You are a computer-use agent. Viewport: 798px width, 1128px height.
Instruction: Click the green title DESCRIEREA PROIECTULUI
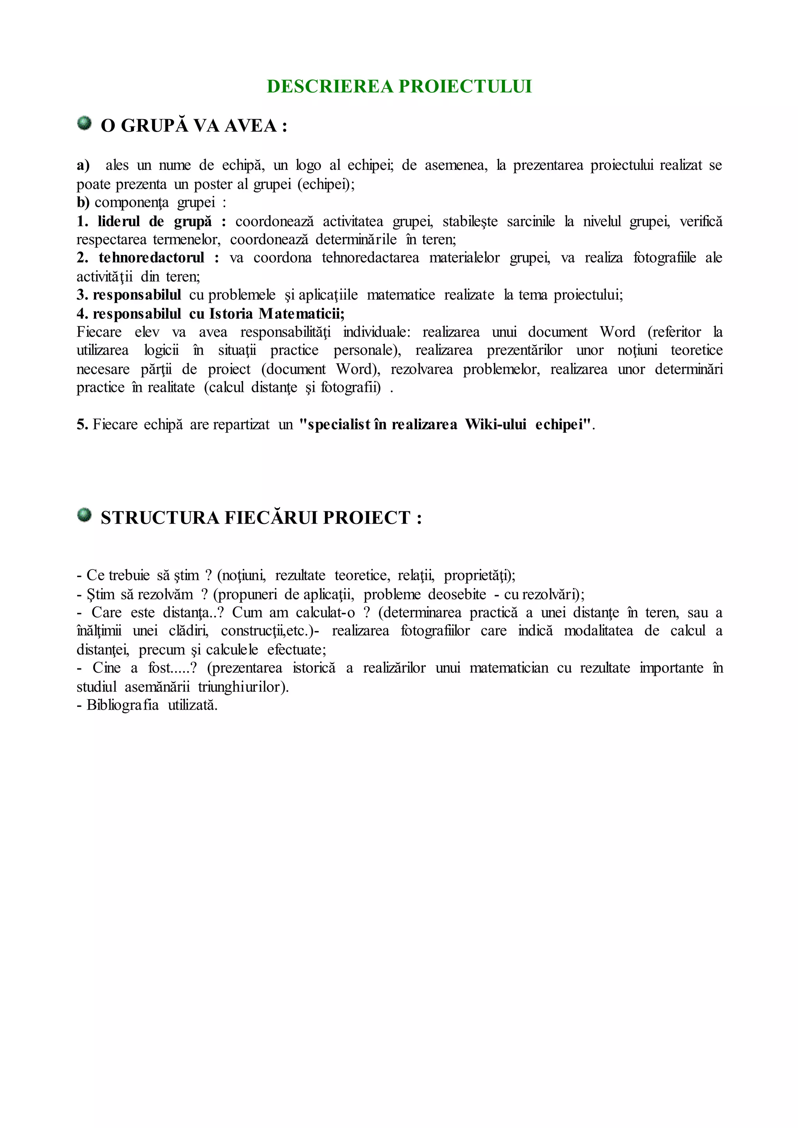point(399,86)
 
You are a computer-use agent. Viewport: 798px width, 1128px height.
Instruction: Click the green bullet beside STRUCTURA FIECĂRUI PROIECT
point(85,515)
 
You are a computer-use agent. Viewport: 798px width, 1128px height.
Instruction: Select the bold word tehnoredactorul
point(151,258)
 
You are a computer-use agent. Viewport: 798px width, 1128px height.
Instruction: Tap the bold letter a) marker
point(83,166)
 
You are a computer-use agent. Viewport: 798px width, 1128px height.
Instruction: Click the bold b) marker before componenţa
point(83,203)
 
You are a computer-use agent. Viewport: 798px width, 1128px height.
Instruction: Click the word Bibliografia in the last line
point(123,705)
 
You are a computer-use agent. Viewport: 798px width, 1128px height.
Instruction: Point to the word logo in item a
point(309,166)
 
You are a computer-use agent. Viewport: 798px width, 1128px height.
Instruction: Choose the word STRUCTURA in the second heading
point(160,518)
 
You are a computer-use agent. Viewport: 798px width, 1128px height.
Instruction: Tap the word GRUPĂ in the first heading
point(154,126)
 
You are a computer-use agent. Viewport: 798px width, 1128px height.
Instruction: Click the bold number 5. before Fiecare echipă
point(82,425)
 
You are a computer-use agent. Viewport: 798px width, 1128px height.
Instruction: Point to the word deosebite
point(457,594)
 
